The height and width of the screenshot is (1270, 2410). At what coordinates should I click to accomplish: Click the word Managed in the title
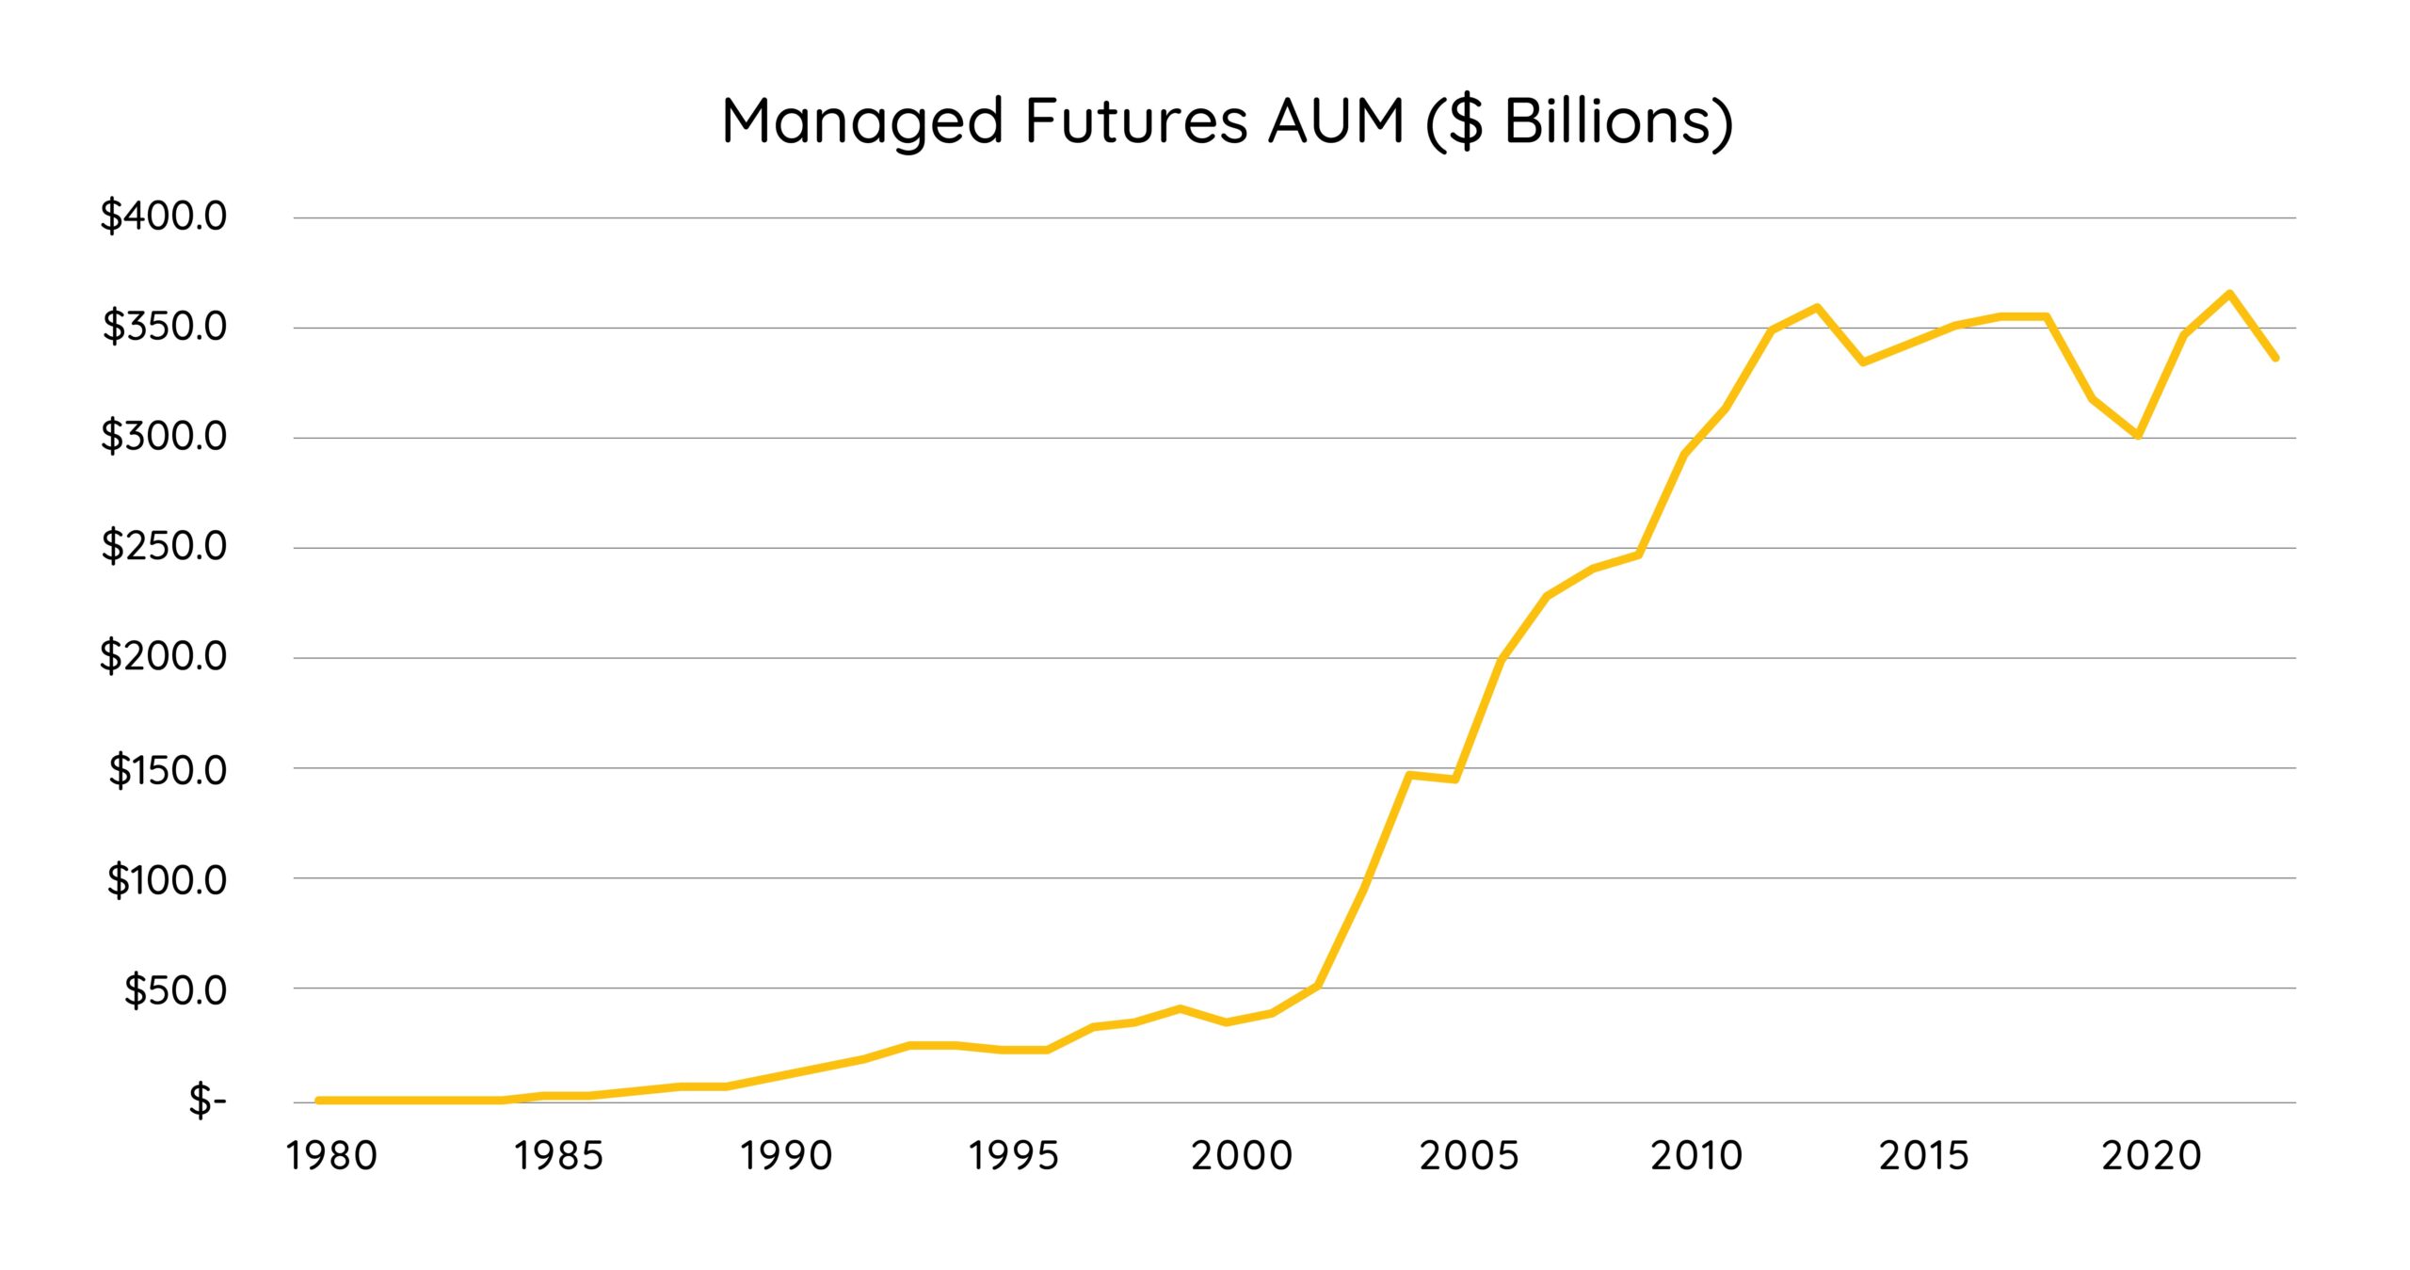click(862, 122)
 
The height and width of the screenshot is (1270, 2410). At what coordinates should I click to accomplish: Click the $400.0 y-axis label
click(164, 216)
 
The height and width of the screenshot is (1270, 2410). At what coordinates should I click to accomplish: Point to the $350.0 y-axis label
click(164, 326)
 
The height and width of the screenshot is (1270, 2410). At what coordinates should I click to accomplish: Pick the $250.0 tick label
click(164, 546)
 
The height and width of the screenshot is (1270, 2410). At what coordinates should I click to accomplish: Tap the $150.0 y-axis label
click(168, 770)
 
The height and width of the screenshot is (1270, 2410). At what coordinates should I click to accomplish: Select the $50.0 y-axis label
click(175, 989)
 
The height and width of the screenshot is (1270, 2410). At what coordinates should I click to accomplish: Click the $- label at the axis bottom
click(207, 1100)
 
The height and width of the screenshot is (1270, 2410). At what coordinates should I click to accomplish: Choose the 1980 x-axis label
click(331, 1155)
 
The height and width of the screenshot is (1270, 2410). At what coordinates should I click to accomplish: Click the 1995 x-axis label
click(1014, 1155)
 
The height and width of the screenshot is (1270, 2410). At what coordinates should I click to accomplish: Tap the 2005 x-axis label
click(1469, 1155)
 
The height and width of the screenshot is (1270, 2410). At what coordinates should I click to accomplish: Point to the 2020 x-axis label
click(2151, 1155)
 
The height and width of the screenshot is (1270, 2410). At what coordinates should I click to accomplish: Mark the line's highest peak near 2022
click(2229, 294)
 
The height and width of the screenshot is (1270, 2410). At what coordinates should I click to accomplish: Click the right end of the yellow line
click(2275, 358)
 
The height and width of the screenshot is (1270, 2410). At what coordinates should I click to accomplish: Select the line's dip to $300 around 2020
click(2138, 435)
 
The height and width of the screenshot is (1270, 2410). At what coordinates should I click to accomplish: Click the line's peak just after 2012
click(1816, 307)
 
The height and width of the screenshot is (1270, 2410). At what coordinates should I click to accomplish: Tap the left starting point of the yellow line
click(319, 1100)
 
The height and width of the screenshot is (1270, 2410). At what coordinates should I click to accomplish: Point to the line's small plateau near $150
click(1432, 778)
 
